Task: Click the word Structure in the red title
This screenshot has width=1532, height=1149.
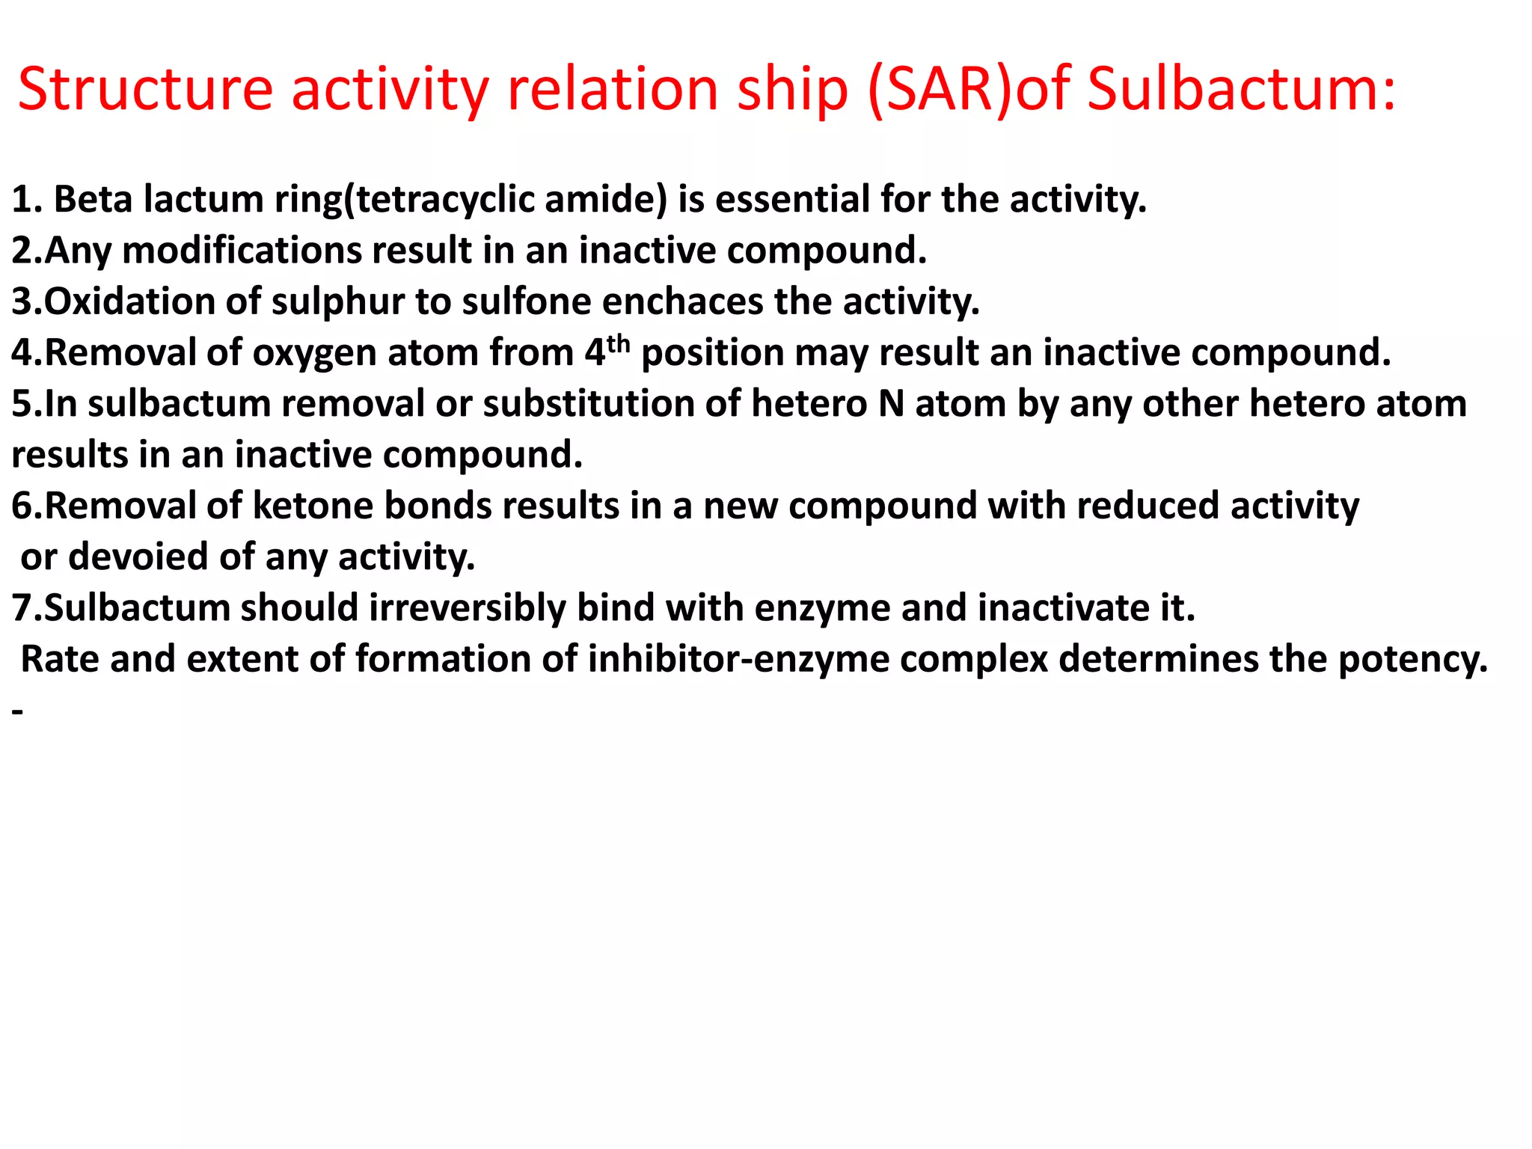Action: click(145, 90)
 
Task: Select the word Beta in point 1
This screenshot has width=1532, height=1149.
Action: click(93, 200)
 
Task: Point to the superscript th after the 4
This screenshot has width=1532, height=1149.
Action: click(619, 344)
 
